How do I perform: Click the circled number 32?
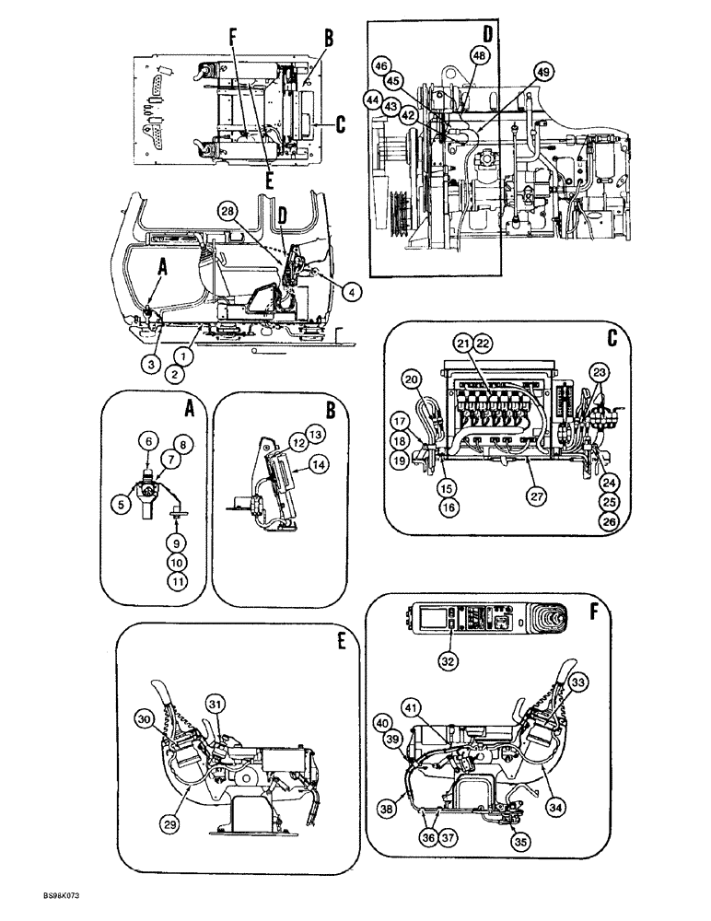click(449, 659)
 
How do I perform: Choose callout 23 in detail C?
click(600, 373)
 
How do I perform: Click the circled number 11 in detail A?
click(177, 579)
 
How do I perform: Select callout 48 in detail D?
click(478, 55)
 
